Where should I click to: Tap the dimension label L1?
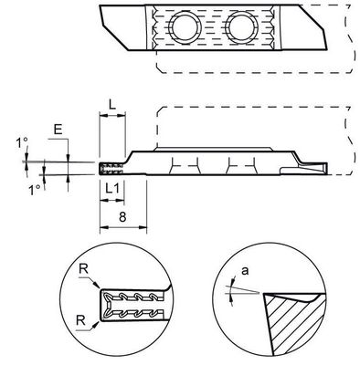click(x=111, y=187)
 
